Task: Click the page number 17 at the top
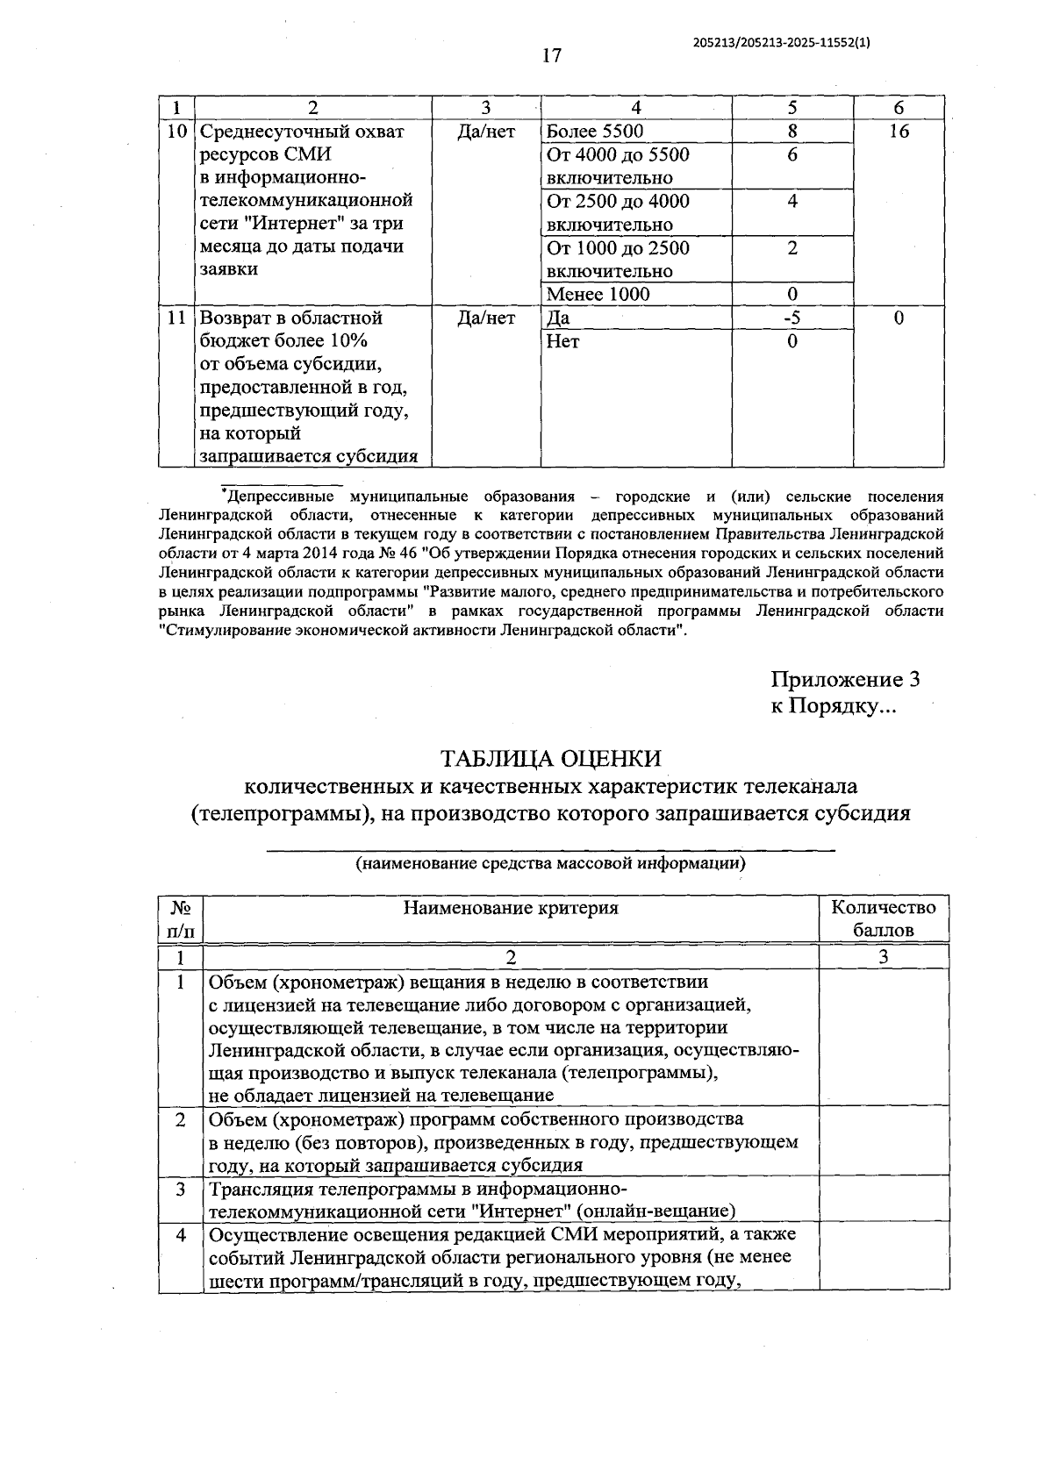(551, 56)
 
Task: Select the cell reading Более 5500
(595, 132)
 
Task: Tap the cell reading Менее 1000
(598, 294)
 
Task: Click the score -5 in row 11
(792, 318)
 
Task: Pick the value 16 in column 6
(899, 132)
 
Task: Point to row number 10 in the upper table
(176, 132)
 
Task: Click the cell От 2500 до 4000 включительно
(618, 212)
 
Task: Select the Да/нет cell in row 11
(486, 318)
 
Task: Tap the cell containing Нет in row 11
(562, 341)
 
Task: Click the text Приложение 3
(845, 680)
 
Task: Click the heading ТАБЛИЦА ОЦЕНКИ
(550, 759)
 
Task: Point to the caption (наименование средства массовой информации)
(550, 863)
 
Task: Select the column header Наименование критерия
(511, 908)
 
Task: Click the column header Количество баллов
(884, 918)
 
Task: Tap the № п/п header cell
(181, 918)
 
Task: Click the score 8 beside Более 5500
(792, 132)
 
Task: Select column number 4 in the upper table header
(636, 108)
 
